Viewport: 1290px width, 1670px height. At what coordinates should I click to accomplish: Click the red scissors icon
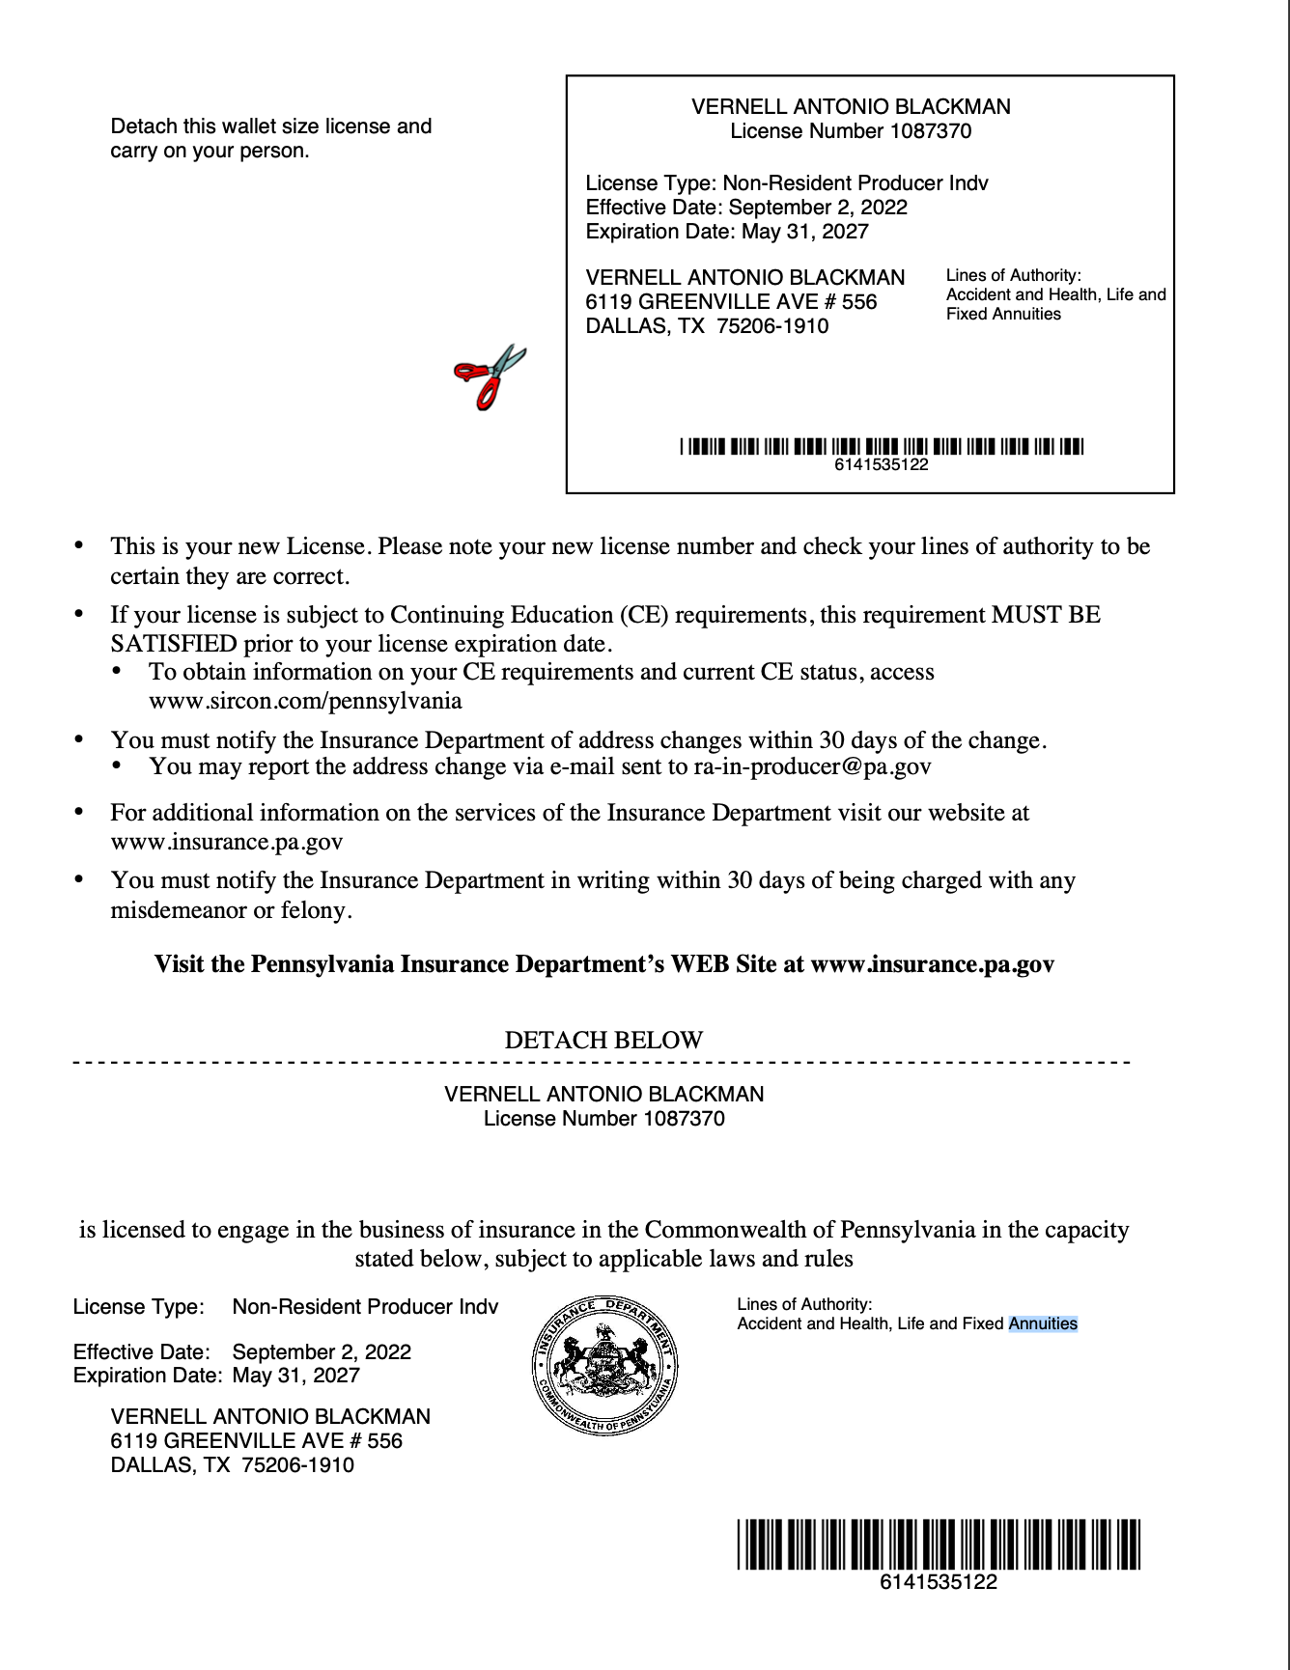[490, 376]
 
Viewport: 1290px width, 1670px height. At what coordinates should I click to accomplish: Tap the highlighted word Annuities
[1043, 1324]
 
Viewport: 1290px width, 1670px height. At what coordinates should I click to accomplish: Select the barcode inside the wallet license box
[882, 446]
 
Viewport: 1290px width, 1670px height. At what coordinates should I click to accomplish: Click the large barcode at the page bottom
[939, 1544]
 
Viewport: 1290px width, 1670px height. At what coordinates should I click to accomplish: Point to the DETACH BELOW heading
[603, 1041]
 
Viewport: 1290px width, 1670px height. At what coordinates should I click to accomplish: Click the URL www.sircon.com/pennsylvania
[305, 701]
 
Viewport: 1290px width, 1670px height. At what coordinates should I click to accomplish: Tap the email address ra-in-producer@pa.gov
[812, 767]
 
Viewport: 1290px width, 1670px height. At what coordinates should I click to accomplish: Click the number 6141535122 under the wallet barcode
[882, 465]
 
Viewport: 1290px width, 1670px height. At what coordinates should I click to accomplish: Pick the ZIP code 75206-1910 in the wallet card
[772, 326]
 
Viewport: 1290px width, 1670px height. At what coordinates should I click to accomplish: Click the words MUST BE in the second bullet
[1047, 615]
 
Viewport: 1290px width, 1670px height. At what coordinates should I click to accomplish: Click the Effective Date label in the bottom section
[141, 1352]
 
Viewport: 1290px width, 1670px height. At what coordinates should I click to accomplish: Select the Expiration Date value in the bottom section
[295, 1376]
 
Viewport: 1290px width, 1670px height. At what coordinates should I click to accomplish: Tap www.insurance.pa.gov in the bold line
[932, 964]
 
